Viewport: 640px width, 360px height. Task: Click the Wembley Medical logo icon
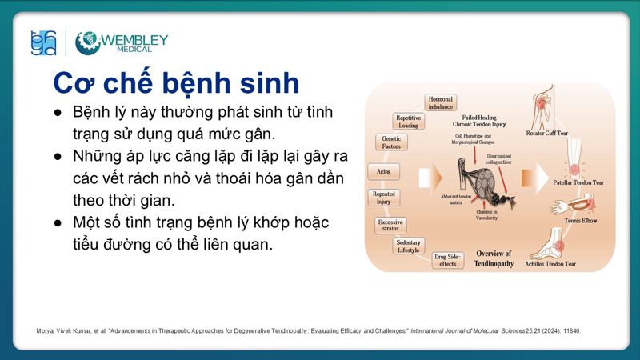point(87,43)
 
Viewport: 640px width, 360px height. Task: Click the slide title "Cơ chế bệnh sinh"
point(176,82)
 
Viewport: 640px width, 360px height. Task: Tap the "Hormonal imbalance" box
point(440,102)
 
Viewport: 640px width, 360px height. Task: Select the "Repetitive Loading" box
point(408,122)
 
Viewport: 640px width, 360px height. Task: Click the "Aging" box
point(382,171)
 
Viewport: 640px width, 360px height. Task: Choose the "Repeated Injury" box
point(384,198)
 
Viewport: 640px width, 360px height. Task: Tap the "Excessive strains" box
point(390,225)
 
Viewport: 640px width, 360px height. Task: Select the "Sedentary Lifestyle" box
point(409,246)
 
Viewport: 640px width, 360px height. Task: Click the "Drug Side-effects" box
point(447,259)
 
